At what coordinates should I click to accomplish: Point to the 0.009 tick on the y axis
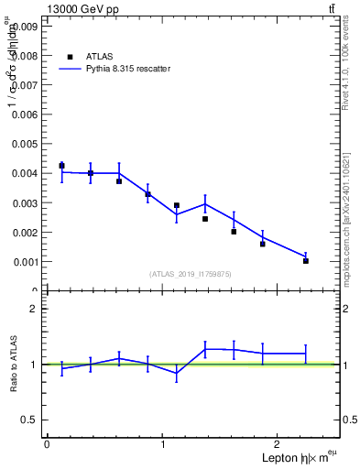pyautogui.click(x=25, y=27)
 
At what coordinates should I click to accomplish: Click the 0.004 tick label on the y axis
pyautogui.click(x=25, y=173)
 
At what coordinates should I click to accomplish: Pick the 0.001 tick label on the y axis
pyautogui.click(x=25, y=262)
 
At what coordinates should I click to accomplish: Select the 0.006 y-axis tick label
pyautogui.click(x=25, y=115)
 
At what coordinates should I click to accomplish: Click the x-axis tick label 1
pyautogui.click(x=163, y=444)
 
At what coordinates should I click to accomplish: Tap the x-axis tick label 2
pyautogui.click(x=279, y=444)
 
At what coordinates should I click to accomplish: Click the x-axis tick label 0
pyautogui.click(x=47, y=444)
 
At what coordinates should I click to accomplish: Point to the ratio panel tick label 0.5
pyautogui.click(x=29, y=420)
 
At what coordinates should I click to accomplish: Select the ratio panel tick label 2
pyautogui.click(x=34, y=310)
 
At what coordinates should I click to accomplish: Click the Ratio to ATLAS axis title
pyautogui.click(x=14, y=364)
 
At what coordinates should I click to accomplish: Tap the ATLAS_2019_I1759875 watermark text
pyautogui.click(x=191, y=273)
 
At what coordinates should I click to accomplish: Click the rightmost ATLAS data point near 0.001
pyautogui.click(x=306, y=260)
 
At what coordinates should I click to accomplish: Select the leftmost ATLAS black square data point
pyautogui.click(x=61, y=166)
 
